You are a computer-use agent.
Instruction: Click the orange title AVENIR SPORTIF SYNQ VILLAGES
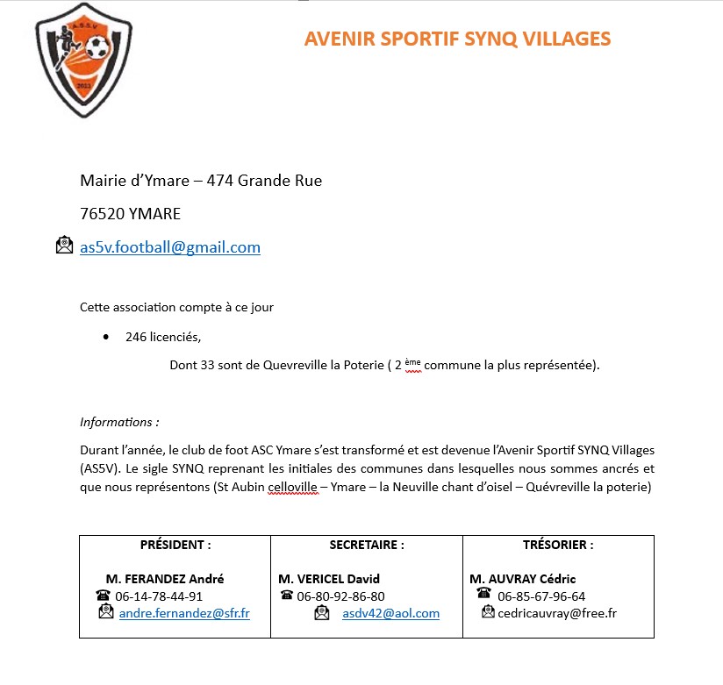[457, 39]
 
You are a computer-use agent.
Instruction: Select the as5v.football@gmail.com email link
[170, 247]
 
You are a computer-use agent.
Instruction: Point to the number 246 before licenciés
[136, 337]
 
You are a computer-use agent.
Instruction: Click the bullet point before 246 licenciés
[106, 337]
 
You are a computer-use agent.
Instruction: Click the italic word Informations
[118, 422]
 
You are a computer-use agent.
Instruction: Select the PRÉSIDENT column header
[175, 545]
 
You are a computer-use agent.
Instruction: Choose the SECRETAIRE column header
[367, 545]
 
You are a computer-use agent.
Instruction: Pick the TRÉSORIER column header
[557, 545]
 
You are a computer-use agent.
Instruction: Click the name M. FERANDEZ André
[165, 579]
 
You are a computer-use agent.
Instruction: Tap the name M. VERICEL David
[329, 579]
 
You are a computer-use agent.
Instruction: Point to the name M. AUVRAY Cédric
[523, 579]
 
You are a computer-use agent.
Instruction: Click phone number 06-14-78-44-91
[159, 596]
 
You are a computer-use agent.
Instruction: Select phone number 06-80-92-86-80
[340, 596]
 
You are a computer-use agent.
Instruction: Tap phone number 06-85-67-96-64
[541, 596]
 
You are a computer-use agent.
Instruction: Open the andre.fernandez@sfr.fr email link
[184, 613]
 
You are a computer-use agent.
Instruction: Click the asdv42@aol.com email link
[390, 613]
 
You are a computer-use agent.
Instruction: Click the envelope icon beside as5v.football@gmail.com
[65, 246]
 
